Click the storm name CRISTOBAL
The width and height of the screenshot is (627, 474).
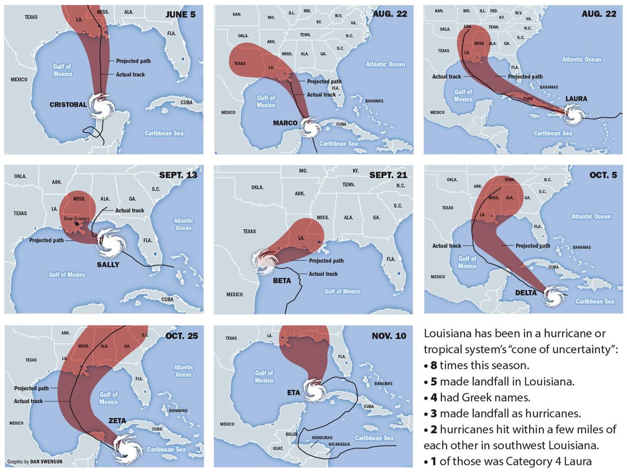pos(68,105)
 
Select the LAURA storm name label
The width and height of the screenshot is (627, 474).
pos(576,99)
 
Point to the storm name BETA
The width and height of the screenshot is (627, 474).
pos(282,281)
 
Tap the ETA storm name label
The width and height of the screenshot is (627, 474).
pos(293,392)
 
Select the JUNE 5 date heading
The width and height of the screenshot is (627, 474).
pos(180,15)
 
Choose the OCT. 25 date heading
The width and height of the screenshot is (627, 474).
pos(181,336)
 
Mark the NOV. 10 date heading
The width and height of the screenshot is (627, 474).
pos(389,336)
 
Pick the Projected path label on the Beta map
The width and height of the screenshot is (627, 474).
pos(326,261)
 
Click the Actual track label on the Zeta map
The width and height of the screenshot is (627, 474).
pos(28,401)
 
